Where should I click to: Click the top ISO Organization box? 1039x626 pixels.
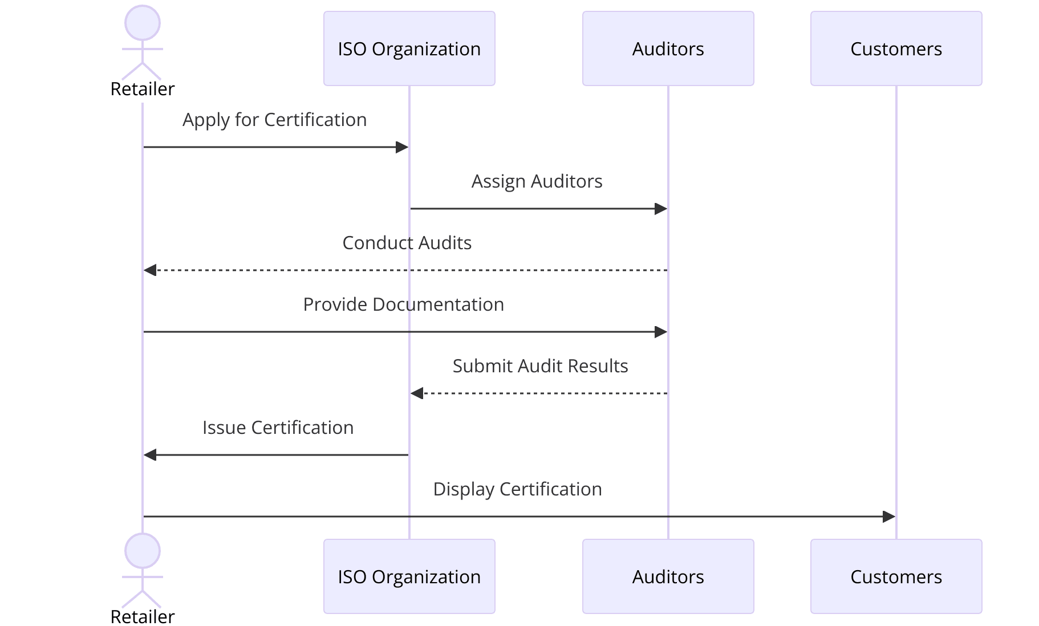[x=409, y=48]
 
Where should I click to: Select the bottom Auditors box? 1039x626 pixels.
[x=668, y=576]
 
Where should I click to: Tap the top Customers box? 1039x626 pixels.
[x=896, y=48]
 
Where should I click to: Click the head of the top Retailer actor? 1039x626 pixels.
[x=143, y=23]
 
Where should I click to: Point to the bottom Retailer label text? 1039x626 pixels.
[x=143, y=616]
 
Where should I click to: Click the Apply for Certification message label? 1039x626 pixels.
[x=274, y=120]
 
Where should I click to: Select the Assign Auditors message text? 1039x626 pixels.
[x=537, y=181]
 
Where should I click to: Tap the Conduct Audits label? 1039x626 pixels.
[x=407, y=243]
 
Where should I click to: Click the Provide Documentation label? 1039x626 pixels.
[x=403, y=304]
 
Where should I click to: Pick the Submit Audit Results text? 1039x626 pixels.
[x=540, y=366]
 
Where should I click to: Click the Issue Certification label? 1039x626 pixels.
[x=278, y=428]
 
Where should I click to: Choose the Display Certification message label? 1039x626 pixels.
[x=517, y=489]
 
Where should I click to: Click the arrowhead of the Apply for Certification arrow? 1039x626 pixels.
[x=402, y=147]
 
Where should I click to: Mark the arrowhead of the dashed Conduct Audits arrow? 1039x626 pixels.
[x=150, y=270]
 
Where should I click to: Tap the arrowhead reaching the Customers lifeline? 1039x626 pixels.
[x=889, y=517]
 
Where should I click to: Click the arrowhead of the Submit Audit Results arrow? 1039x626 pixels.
[x=417, y=393]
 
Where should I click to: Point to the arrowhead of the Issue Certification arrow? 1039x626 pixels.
[x=150, y=455]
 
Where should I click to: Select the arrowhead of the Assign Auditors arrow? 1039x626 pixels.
[x=661, y=209]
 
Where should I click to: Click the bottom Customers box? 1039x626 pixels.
[x=896, y=576]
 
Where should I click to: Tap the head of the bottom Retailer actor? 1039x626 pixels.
[x=143, y=551]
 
